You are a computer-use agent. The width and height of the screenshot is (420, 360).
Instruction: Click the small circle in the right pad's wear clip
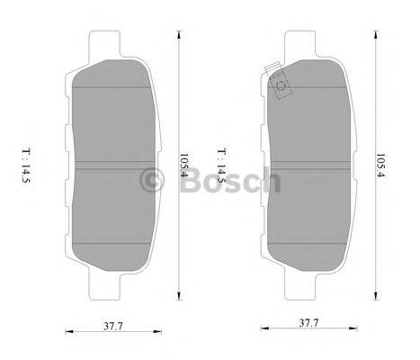point(280,86)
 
